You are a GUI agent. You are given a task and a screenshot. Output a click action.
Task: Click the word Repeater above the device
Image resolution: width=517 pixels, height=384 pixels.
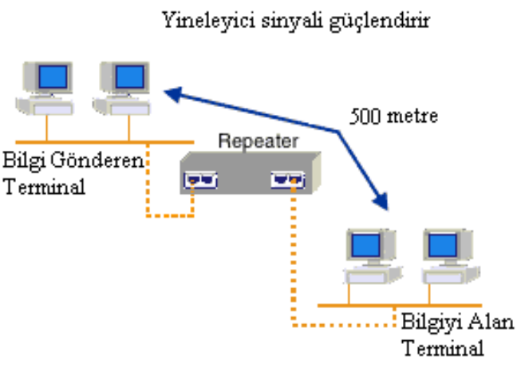(x=258, y=141)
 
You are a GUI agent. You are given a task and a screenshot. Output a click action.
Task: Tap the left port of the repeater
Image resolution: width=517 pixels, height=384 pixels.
(x=201, y=180)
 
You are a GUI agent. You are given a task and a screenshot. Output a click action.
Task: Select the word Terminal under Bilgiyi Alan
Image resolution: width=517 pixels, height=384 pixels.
(x=442, y=349)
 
